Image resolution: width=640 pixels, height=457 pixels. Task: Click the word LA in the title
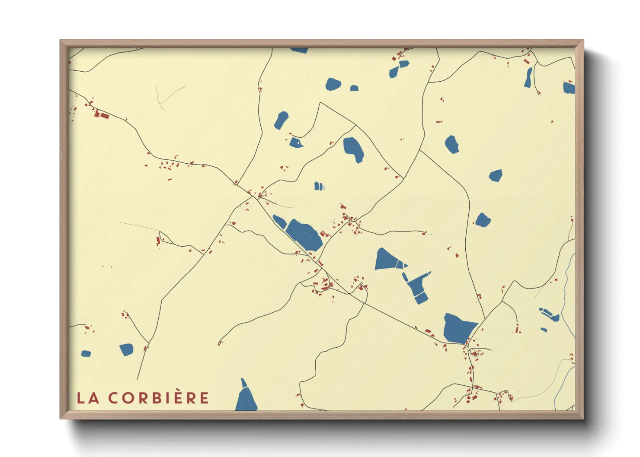(88, 398)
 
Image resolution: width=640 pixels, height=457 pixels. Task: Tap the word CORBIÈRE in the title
(159, 398)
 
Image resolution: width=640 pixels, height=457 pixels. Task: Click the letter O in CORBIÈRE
(128, 398)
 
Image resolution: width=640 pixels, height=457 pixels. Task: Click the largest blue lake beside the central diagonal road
(304, 234)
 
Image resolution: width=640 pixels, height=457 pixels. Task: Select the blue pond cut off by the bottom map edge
(246, 397)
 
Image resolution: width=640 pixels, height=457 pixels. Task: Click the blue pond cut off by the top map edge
(299, 50)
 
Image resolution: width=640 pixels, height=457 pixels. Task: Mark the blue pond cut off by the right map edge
(569, 88)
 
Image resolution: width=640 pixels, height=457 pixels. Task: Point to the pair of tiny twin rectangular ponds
(319, 186)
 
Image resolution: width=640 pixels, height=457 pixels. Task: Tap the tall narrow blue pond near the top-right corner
(528, 78)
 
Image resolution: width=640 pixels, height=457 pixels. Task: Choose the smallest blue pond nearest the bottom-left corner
(86, 354)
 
